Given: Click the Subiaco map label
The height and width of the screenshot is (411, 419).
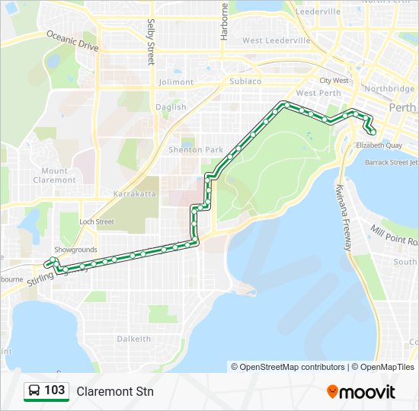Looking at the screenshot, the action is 245,81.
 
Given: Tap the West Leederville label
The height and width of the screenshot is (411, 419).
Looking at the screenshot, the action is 276,40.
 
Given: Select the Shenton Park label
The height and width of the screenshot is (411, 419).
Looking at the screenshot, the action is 190,150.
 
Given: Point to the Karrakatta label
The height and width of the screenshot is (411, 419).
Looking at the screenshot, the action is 134,194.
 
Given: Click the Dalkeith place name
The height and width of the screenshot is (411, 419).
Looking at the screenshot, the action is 133,339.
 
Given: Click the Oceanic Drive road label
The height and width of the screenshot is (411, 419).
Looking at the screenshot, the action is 73,41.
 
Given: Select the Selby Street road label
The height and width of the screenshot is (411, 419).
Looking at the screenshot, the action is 151,42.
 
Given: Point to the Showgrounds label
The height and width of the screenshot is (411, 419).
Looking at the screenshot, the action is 75,250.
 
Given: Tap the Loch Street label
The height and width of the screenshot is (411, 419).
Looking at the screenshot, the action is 98,221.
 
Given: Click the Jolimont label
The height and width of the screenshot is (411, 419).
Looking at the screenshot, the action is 176,82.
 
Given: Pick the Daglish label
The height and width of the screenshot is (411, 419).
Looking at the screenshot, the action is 171,107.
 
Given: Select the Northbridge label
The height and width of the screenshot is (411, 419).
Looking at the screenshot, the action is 389,89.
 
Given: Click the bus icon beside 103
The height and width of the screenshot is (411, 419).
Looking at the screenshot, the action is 34,391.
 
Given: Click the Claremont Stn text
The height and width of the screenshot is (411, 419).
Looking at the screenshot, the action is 115,392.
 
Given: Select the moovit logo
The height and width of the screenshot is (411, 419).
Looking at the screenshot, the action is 361,392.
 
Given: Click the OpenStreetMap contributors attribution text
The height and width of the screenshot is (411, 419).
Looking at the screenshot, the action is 293,367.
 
